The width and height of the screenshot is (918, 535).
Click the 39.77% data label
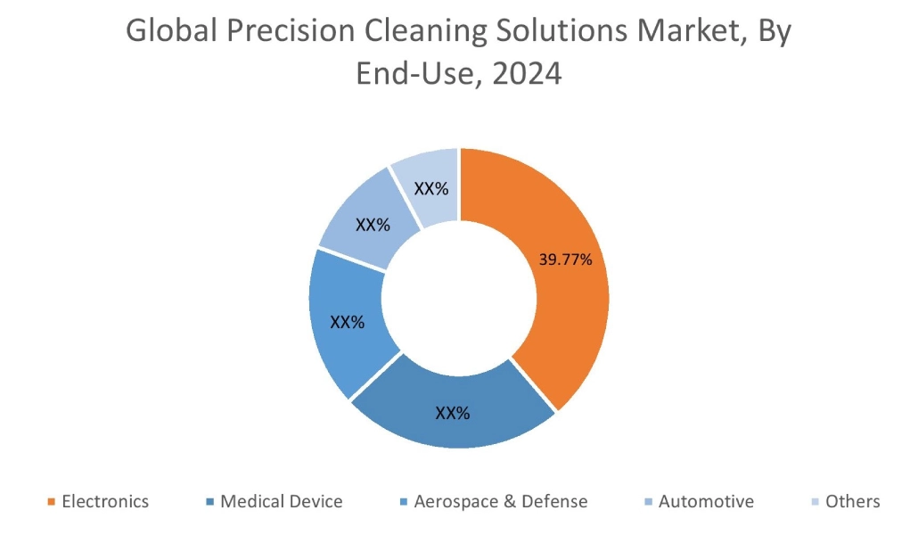click(x=566, y=259)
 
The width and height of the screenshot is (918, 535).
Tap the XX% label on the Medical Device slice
click(x=453, y=413)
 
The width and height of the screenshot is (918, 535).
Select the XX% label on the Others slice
click(x=431, y=189)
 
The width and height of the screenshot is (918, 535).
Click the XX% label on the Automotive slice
click(x=373, y=225)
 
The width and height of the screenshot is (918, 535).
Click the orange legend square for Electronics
click(x=51, y=502)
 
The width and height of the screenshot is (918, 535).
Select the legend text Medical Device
click(x=281, y=501)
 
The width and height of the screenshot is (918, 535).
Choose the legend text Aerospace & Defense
click(x=501, y=501)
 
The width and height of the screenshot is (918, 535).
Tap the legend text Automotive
click(x=706, y=501)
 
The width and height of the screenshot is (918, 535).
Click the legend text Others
click(x=852, y=501)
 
